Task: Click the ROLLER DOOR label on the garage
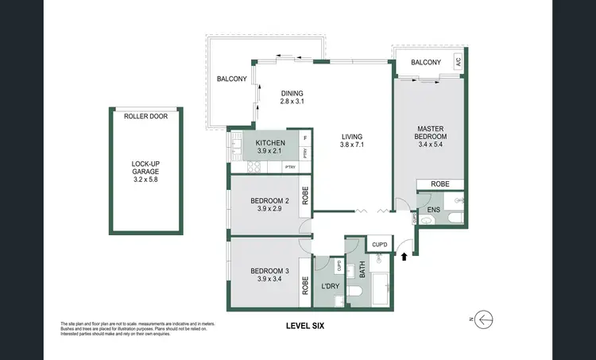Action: coord(146,116)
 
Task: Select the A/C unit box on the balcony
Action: coord(457,63)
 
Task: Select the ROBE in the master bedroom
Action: coord(440,184)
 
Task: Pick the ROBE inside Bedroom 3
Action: coord(305,279)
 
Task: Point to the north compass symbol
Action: coord(482,319)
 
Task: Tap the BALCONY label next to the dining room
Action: coord(231,78)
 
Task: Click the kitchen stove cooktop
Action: coord(255,167)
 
